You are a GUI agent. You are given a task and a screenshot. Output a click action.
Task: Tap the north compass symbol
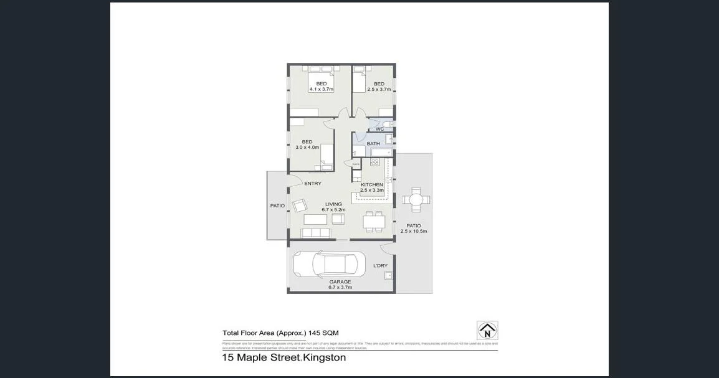pos(487,331)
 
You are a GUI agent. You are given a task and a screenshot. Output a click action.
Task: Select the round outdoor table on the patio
pos(416,200)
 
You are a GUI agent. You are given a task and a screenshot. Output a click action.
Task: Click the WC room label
pos(379,129)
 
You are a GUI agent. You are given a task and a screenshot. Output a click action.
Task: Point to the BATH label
pos(373,144)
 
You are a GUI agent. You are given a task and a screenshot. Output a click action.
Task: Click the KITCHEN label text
pos(372,185)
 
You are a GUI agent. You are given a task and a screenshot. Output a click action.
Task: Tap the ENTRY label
pos(313,184)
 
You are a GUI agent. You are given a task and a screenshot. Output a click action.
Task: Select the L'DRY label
pos(380,266)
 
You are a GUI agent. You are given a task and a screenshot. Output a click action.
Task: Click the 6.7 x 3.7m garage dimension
pos(340,288)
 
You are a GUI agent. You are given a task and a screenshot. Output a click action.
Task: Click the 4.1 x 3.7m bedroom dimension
pos(321,90)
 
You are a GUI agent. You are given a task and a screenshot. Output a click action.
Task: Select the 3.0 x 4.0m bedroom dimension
pos(307,148)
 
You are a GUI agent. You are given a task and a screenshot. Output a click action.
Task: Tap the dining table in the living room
pos(374,220)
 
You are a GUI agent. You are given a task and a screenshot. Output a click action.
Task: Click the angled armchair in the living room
pos(300,205)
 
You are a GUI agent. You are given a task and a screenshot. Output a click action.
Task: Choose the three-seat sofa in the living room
pos(315,233)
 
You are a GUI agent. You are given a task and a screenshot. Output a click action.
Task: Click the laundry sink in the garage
pos(388,276)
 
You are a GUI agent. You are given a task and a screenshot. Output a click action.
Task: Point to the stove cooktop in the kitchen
pos(374,162)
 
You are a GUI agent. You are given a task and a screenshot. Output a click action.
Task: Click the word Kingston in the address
pos(325,358)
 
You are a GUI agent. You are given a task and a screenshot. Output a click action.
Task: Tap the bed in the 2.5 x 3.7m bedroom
pos(359,80)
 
